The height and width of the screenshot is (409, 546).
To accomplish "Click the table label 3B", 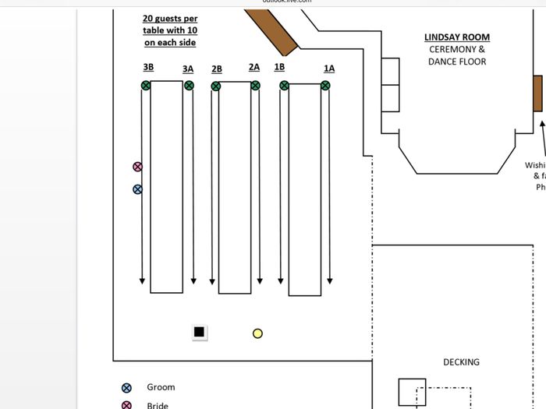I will pyautogui.click(x=148, y=68).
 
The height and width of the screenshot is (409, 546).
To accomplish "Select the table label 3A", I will pyautogui.click(x=188, y=69).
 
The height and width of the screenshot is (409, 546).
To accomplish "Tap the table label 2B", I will pyautogui.click(x=217, y=69).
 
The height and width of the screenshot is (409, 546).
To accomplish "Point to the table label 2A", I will pyautogui.click(x=254, y=67).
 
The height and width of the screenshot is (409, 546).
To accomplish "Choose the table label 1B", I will pyautogui.click(x=279, y=67).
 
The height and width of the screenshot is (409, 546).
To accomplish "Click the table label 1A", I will pyautogui.click(x=329, y=69).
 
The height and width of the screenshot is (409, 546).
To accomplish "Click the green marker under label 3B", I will pyautogui.click(x=146, y=86).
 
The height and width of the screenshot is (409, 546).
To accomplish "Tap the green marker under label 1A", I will pyautogui.click(x=328, y=86).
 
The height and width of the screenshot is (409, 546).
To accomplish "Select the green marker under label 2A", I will pyautogui.click(x=255, y=86).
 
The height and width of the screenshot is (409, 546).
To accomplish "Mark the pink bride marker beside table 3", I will pyautogui.click(x=138, y=167).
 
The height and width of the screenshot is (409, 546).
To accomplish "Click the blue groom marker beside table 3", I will pyautogui.click(x=138, y=189).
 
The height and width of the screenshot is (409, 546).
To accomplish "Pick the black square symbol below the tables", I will pyautogui.click(x=199, y=333).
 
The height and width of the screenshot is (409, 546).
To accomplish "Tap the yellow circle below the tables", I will pyautogui.click(x=257, y=333).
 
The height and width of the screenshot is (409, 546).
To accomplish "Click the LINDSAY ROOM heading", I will pyautogui.click(x=457, y=37).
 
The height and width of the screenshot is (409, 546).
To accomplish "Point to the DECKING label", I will pyautogui.click(x=461, y=362).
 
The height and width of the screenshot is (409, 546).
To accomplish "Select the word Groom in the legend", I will pyautogui.click(x=161, y=387).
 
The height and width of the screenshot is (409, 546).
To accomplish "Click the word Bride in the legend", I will pyautogui.click(x=158, y=405).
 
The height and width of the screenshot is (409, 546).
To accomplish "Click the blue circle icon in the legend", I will pyautogui.click(x=127, y=387).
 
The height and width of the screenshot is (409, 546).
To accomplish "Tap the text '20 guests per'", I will pyautogui.click(x=170, y=19).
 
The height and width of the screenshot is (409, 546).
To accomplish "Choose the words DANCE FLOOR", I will pyautogui.click(x=457, y=62).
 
